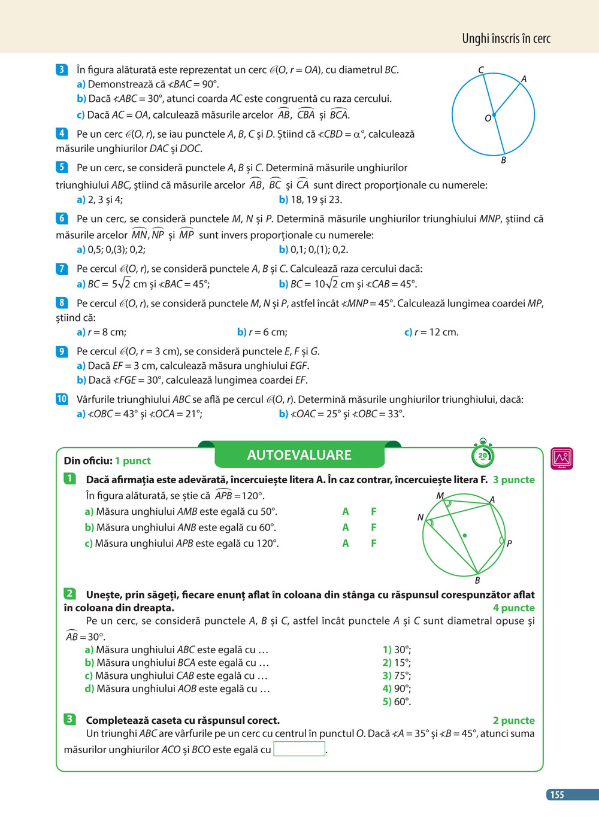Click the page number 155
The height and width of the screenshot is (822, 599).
(x=557, y=794)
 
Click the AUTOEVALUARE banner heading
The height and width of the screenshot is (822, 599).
(x=299, y=455)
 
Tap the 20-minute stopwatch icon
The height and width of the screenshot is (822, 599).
(x=482, y=454)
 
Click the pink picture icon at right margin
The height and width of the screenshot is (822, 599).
(x=561, y=459)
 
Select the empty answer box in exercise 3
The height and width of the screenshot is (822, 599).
(x=299, y=749)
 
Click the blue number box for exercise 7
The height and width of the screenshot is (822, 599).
(x=62, y=269)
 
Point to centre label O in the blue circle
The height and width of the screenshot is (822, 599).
(x=488, y=119)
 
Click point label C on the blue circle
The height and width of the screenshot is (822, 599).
(x=481, y=70)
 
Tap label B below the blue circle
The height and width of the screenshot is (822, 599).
(x=503, y=160)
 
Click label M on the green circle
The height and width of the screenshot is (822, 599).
(x=440, y=496)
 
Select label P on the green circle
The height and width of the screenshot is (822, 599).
(x=509, y=544)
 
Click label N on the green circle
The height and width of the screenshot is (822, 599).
(x=420, y=517)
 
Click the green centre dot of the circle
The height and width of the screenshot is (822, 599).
(x=464, y=535)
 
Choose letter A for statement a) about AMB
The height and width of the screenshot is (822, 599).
(x=345, y=512)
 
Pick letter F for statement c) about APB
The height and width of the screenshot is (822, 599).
(x=373, y=544)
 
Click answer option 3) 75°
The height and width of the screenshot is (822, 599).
(x=397, y=676)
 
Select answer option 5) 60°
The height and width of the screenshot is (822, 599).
(x=397, y=702)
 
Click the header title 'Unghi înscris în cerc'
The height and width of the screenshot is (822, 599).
(x=506, y=39)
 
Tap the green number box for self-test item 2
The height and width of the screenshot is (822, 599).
(x=69, y=594)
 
